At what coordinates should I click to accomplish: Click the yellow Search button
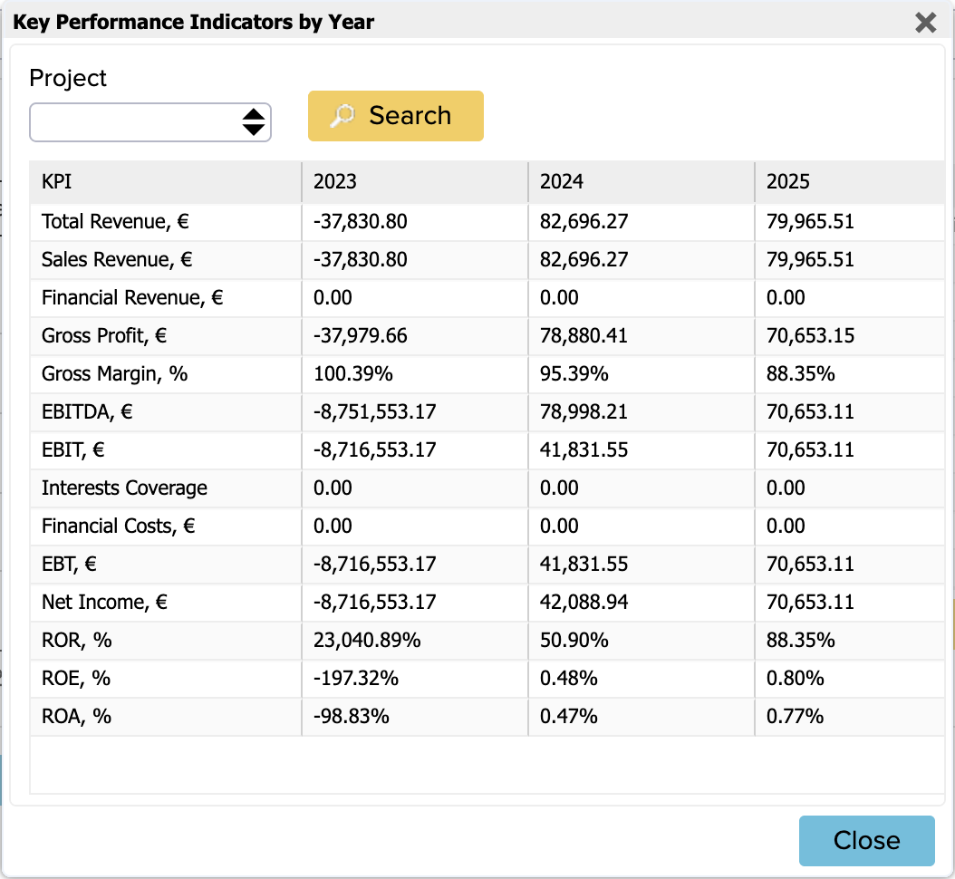(x=395, y=116)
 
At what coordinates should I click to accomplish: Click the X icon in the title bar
(x=925, y=23)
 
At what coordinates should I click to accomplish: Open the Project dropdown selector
(x=150, y=122)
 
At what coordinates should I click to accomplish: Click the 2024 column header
(x=561, y=181)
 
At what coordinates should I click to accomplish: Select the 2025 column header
(x=787, y=181)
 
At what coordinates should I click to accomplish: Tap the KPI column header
(x=56, y=181)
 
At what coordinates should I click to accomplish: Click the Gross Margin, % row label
(x=114, y=373)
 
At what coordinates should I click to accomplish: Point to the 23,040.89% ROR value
(x=367, y=640)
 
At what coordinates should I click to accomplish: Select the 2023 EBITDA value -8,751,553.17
(x=374, y=411)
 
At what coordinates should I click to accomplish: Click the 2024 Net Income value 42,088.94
(x=584, y=602)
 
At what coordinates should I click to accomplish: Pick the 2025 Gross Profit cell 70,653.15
(x=810, y=335)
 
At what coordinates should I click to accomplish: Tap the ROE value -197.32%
(x=356, y=678)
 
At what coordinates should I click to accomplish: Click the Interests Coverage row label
(x=124, y=488)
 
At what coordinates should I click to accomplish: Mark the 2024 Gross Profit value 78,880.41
(x=584, y=335)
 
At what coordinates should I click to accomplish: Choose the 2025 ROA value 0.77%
(x=795, y=717)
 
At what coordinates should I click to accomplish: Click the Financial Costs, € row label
(x=118, y=526)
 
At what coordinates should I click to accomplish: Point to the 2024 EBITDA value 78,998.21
(x=584, y=411)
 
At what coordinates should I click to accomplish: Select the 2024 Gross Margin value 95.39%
(x=574, y=373)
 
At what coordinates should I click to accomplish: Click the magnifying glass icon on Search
(x=342, y=116)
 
